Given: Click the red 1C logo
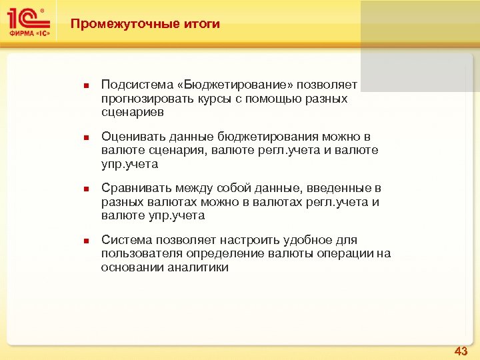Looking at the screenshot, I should click(27, 19).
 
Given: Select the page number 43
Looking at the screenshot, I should click(461, 350).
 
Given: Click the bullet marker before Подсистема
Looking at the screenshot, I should click(85, 86).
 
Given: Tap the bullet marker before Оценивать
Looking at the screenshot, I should click(85, 137).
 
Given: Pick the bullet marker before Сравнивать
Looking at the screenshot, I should click(85, 189).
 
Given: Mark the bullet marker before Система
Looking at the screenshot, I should click(85, 240).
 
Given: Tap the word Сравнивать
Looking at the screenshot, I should click(134, 188).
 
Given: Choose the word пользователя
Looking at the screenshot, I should click(139, 253).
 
